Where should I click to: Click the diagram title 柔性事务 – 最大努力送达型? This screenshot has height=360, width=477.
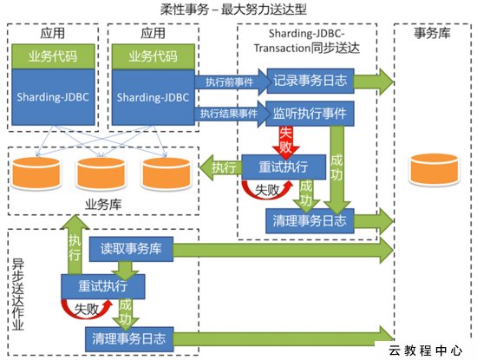tap(233, 10)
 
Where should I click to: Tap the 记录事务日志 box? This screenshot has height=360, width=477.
tap(310, 81)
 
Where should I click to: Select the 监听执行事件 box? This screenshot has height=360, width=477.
tap(310, 114)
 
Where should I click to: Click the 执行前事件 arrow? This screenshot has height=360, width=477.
tap(232, 82)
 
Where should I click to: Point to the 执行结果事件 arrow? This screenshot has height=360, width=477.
tap(232, 114)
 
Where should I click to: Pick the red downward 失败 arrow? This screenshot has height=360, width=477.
tap(286, 141)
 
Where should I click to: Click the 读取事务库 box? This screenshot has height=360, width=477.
tap(131, 249)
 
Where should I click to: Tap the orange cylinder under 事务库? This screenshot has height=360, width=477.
tap(435, 169)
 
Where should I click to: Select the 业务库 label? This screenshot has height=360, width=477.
tap(103, 204)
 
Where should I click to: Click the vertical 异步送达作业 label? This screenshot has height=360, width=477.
tap(18, 295)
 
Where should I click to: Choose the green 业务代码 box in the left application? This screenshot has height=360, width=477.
tap(53, 56)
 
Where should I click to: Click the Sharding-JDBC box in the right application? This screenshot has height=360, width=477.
tap(154, 97)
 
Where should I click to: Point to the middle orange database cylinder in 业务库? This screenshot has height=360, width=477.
tap(101, 173)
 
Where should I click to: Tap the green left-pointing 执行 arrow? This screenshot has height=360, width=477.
tap(220, 167)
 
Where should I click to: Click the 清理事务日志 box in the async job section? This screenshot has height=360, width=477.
tap(129, 339)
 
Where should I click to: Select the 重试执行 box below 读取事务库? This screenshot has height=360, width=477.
tap(103, 286)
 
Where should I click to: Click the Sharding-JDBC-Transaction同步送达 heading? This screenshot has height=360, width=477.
tap(307, 41)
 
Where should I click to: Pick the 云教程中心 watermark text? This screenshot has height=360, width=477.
tap(426, 350)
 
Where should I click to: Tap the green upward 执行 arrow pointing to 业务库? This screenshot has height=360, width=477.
tap(75, 245)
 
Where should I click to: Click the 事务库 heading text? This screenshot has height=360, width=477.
tap(432, 33)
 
